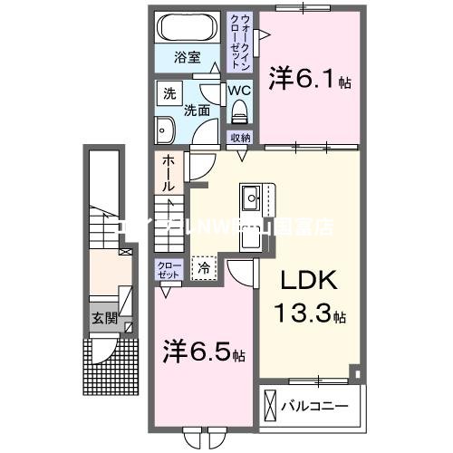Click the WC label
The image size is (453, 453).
(238, 92)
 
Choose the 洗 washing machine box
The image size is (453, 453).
(169, 92)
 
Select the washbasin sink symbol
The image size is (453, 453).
(166, 130)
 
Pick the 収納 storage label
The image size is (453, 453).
(239, 137)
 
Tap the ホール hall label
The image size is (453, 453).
(169, 172)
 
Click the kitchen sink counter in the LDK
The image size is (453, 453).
(251, 198)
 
